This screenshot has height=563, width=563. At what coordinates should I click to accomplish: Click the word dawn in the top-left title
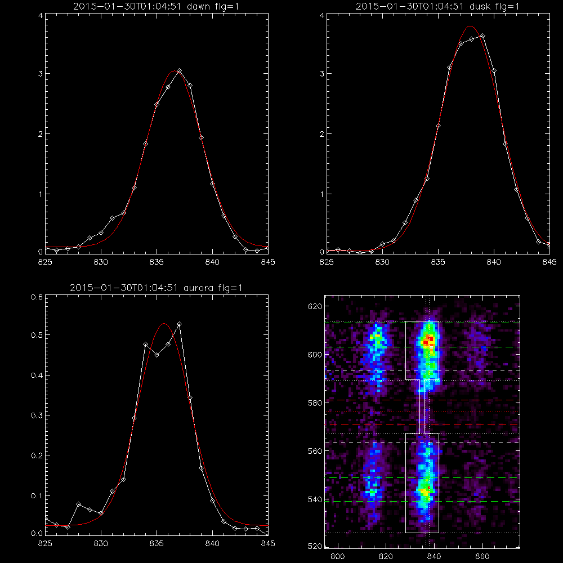point(199,6)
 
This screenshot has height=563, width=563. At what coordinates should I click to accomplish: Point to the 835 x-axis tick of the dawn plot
point(157,262)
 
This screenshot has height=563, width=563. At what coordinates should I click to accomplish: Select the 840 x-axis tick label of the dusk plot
point(494,262)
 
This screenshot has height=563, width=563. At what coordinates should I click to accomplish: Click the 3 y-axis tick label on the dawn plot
point(41,74)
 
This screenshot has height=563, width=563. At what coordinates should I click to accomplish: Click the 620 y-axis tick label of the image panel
point(315,306)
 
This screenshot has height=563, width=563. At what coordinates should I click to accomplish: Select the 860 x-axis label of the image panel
point(482,557)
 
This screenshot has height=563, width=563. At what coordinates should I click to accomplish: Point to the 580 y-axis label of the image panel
point(315,403)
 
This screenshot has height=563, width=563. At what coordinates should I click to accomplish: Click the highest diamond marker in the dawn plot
point(179,71)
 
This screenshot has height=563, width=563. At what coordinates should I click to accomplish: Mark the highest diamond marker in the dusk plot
point(482,36)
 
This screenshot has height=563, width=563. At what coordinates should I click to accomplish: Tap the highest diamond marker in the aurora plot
point(179,324)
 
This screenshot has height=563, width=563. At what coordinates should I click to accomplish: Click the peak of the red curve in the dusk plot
point(470,26)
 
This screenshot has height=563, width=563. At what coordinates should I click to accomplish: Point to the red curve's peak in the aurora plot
point(164,324)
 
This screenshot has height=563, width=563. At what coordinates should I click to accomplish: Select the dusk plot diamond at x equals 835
point(438,126)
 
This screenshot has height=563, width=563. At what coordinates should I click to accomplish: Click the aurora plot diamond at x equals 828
point(79,504)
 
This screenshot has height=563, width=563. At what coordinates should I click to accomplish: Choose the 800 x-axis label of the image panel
point(337,557)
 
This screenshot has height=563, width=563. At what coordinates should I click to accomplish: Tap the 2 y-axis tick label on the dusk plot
point(322,134)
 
